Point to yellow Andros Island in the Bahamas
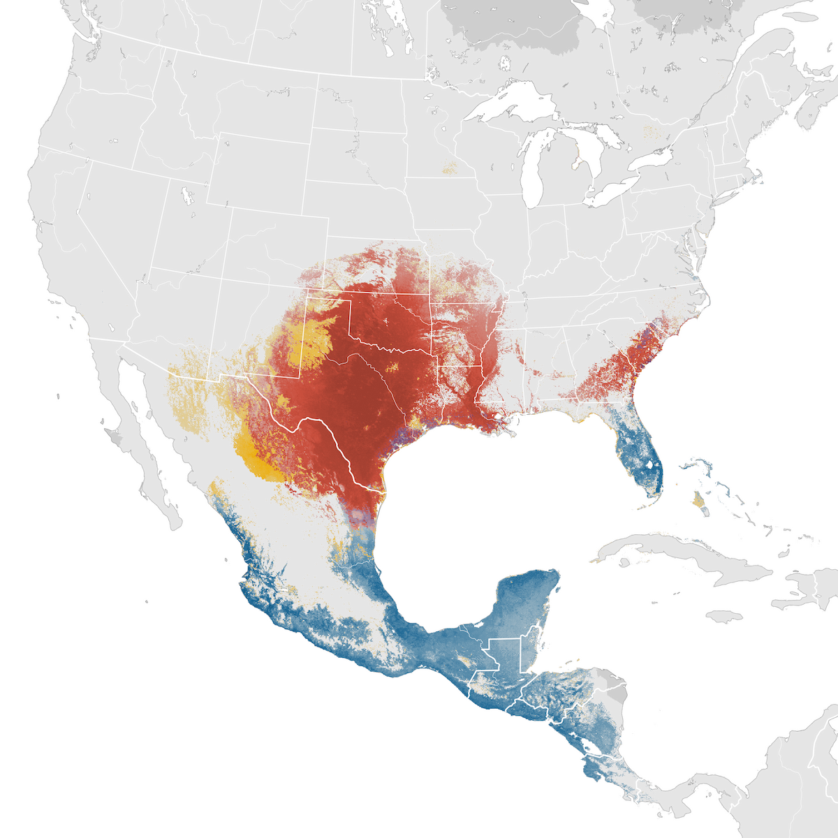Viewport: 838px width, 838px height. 697,499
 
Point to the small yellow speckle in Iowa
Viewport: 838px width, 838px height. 449,168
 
